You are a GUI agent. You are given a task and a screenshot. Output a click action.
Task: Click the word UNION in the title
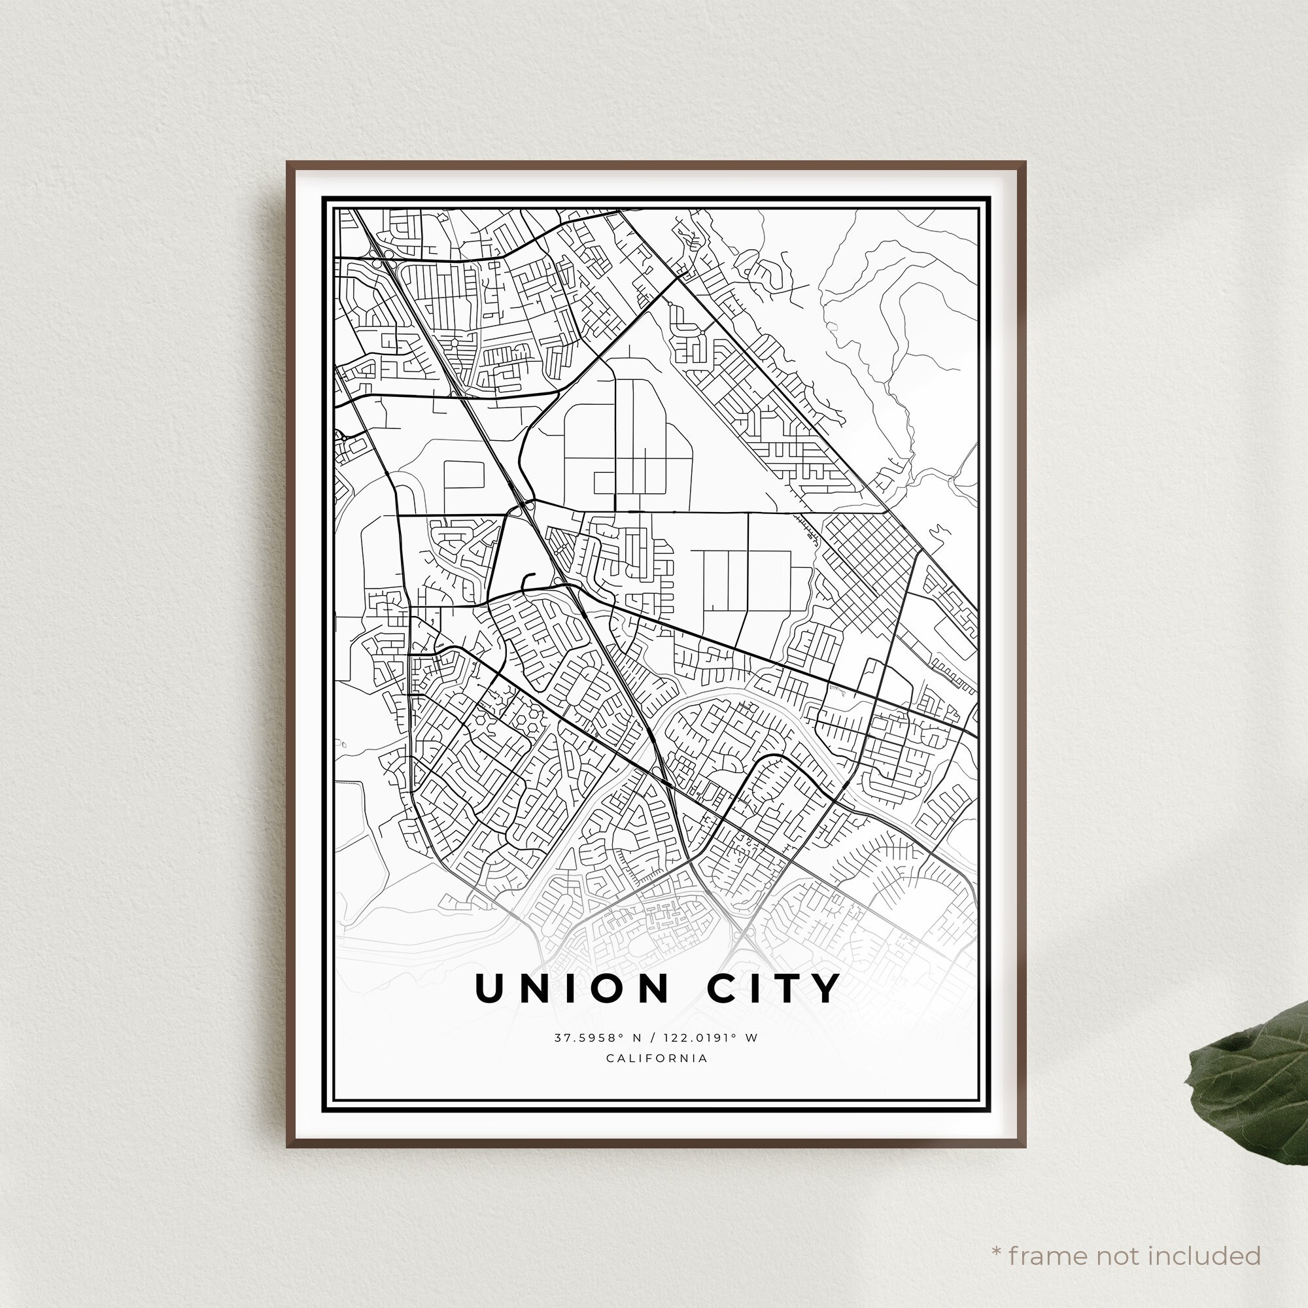coord(572,989)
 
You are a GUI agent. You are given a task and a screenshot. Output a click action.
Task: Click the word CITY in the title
coord(773,989)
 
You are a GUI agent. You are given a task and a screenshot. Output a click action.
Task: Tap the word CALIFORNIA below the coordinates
coord(657,1058)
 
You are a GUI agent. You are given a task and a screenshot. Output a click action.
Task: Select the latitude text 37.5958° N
coord(597,1038)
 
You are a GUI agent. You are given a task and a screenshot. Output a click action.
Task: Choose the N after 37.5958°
coord(636,1038)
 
